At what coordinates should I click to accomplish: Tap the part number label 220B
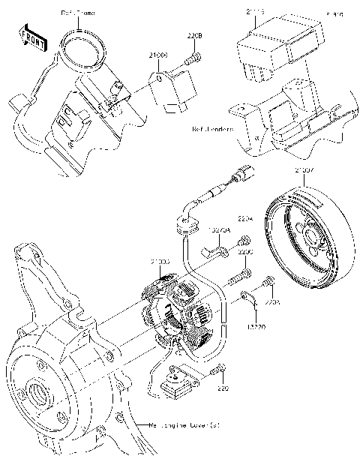[194, 35]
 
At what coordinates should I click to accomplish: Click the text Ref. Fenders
[213, 129]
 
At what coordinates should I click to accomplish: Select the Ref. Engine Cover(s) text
[183, 424]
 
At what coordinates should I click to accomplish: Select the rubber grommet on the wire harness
[184, 220]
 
